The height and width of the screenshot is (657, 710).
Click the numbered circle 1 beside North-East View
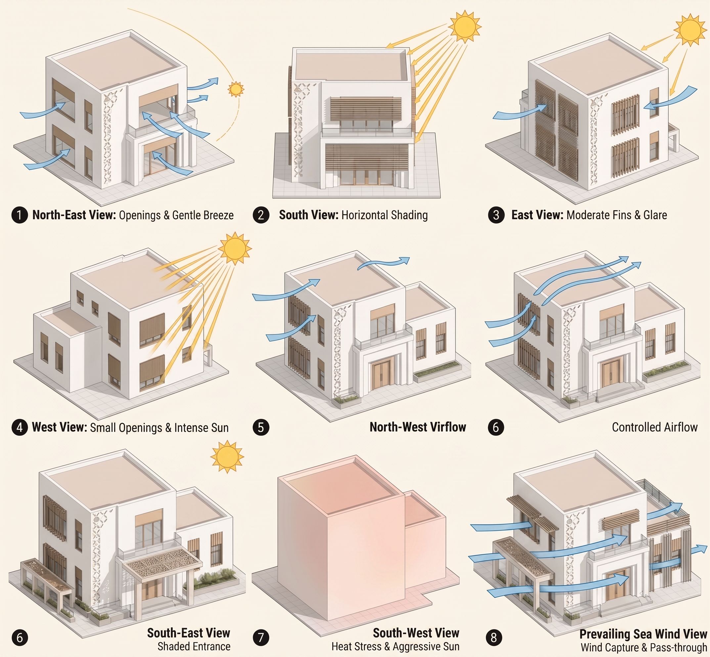coord(20,216)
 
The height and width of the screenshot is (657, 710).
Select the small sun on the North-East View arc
coord(235,89)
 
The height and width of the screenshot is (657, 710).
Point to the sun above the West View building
coord(235,248)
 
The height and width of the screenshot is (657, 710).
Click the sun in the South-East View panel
coord(227,457)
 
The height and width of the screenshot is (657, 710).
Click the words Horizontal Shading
coord(385,215)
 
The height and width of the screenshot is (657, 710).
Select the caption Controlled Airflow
coord(655,427)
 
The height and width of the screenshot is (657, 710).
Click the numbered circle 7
coord(261,637)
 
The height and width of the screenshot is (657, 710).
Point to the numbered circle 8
coord(494,637)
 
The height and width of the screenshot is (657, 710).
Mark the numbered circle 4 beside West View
coord(20,427)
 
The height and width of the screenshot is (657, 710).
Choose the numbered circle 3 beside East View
coord(496,215)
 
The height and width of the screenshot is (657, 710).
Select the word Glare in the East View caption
coord(655,215)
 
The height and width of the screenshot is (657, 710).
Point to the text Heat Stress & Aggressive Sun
coord(395,646)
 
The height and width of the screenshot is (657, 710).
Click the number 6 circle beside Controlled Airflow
coord(496,427)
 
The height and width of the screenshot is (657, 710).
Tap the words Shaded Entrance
coord(194,646)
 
